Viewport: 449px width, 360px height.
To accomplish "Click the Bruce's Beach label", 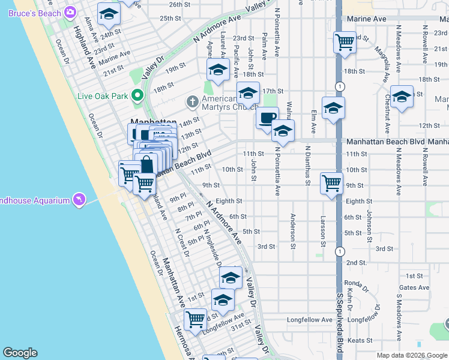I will tap(37, 13).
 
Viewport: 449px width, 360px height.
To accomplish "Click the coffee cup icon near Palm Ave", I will tap(267, 117).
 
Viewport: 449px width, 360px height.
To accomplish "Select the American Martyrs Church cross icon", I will tap(193, 101).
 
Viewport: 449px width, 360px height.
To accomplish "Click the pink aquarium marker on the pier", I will tap(79, 199).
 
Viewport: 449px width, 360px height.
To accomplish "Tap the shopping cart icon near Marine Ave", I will tap(345, 43).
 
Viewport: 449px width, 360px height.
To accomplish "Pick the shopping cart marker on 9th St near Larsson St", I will tap(332, 184).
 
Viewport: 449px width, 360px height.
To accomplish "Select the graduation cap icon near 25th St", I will tap(109, 15).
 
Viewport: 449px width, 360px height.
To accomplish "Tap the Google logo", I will tap(20, 353).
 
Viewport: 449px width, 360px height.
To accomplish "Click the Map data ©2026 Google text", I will tap(412, 355).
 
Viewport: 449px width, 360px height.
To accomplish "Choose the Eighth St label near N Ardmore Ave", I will tap(229, 202).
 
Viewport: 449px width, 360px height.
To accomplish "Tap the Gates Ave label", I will tap(414, 287).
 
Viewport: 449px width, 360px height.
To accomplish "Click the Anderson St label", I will tap(292, 230).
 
